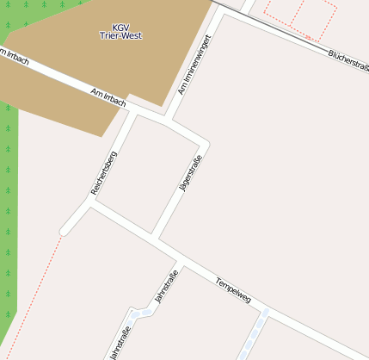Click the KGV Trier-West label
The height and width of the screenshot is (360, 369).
tap(120, 32)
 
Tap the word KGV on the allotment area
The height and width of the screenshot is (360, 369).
tap(120, 27)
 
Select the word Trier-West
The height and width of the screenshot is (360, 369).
tap(120, 37)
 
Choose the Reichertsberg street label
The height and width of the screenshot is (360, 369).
tap(103, 172)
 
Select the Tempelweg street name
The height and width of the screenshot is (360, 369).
tap(233, 290)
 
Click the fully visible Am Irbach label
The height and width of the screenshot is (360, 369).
tap(108, 96)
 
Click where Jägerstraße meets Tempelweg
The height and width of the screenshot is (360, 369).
tap(155, 236)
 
